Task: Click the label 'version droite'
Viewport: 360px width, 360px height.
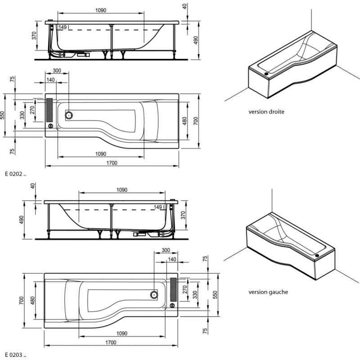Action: [x=266, y=112]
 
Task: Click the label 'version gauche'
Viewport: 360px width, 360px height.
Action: [x=268, y=292]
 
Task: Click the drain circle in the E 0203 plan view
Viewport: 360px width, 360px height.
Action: [x=154, y=296]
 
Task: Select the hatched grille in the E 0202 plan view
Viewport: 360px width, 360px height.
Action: [x=49, y=110]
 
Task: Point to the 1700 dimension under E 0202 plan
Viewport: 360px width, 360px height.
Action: [x=112, y=162]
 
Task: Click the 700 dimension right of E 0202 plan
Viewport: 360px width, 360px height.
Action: [x=195, y=121]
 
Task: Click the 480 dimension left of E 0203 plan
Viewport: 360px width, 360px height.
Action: [x=33, y=301]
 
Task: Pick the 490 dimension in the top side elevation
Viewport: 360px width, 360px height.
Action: [x=195, y=40]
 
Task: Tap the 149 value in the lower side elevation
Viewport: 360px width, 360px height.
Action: [x=158, y=207]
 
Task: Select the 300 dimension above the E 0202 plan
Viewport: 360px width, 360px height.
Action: [x=57, y=71]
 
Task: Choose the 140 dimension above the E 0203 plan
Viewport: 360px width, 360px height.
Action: [x=171, y=260]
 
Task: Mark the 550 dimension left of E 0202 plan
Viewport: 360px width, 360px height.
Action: [x=4, y=115]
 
